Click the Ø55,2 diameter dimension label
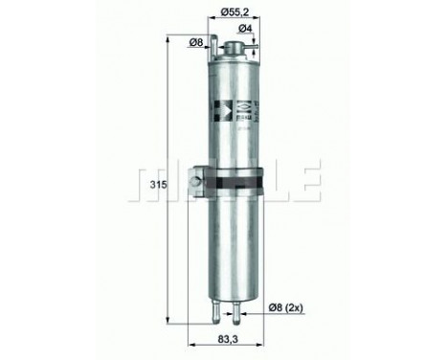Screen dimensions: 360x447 point(236,11)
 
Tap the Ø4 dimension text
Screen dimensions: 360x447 point(246,29)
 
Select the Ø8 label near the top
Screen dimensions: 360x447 point(195,41)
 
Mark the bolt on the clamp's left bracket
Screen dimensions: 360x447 point(198,177)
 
